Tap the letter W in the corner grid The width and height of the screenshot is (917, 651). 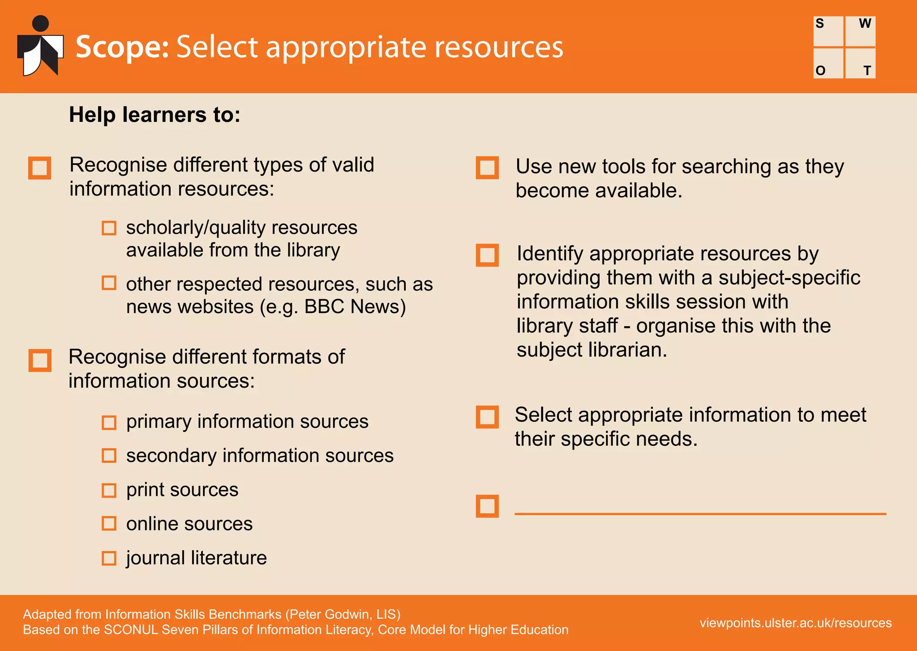click(865, 23)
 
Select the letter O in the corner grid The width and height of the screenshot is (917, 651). click(820, 71)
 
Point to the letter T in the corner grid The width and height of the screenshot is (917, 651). click(867, 71)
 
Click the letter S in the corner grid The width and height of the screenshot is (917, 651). click(820, 23)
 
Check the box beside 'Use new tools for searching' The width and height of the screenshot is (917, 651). click(487, 168)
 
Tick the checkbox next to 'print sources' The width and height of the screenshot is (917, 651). click(109, 490)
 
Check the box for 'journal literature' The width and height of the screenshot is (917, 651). click(109, 558)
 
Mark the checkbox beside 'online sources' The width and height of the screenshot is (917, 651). click(109, 524)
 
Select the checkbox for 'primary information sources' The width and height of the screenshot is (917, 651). click(109, 422)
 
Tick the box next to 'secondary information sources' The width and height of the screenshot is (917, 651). click(109, 456)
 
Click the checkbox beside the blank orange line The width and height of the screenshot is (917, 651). click(487, 506)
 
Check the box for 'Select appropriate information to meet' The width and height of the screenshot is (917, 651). click(487, 417)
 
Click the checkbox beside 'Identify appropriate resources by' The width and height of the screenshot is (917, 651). click(487, 255)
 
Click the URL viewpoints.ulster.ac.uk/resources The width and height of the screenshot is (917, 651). click(796, 623)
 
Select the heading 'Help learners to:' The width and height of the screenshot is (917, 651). click(154, 115)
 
